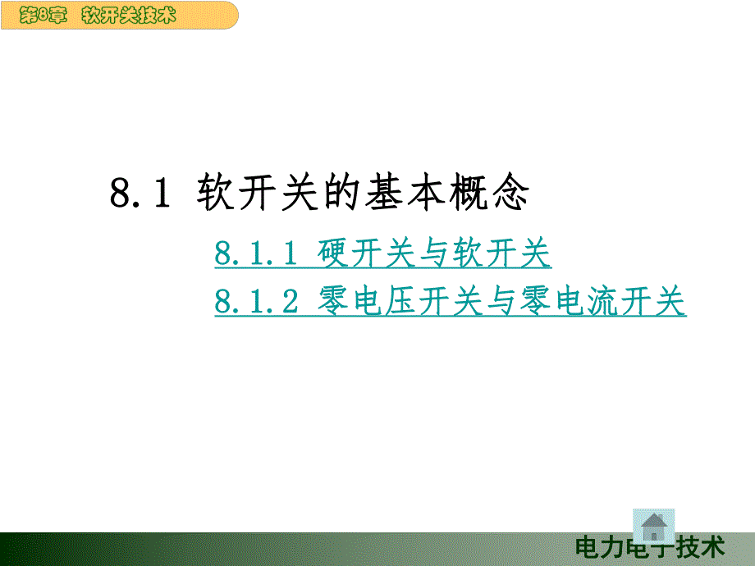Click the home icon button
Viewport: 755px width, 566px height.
click(x=654, y=525)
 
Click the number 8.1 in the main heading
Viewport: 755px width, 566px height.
click(x=139, y=194)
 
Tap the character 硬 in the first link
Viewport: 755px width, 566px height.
click(x=333, y=255)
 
